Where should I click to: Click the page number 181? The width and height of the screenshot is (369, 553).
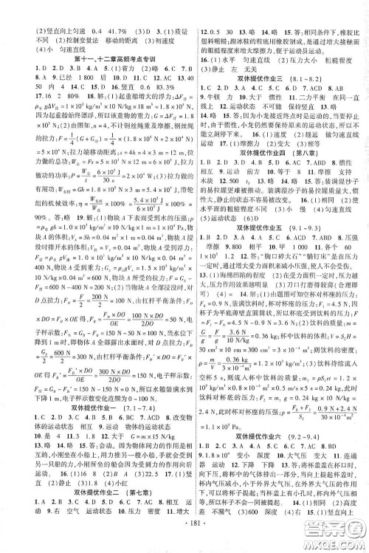point(184,545)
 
